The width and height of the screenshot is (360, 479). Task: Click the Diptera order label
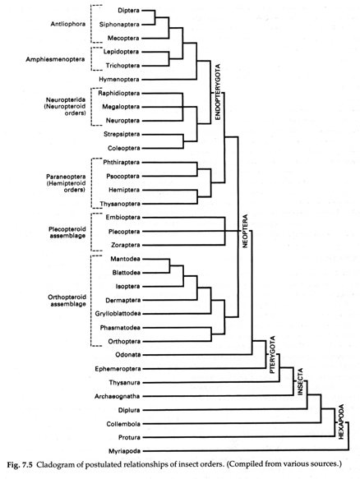click(129, 11)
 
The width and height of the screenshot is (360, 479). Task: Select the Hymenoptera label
click(119, 80)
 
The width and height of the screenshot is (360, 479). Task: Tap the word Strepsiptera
click(122, 134)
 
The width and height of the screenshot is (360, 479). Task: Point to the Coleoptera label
click(124, 148)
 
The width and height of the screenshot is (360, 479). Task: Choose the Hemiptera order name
click(124, 190)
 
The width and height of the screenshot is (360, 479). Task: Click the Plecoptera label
click(124, 232)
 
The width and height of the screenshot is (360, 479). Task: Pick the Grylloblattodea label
click(118, 313)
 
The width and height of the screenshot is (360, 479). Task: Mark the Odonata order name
click(128, 355)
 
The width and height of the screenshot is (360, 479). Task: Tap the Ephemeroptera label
click(118, 369)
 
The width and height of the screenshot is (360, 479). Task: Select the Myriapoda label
click(125, 451)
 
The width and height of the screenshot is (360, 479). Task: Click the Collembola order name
click(123, 424)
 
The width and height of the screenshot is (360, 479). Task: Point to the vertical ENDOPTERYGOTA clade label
click(218, 92)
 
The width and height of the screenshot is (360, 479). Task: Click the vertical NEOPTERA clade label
click(245, 231)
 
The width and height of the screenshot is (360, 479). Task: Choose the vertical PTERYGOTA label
click(273, 355)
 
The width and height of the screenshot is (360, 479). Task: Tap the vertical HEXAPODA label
click(341, 421)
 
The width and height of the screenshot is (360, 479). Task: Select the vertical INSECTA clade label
click(300, 381)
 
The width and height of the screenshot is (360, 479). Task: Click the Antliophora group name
click(68, 24)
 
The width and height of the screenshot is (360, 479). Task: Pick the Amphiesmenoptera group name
click(55, 59)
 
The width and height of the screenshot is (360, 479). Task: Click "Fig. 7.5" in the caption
click(20, 465)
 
